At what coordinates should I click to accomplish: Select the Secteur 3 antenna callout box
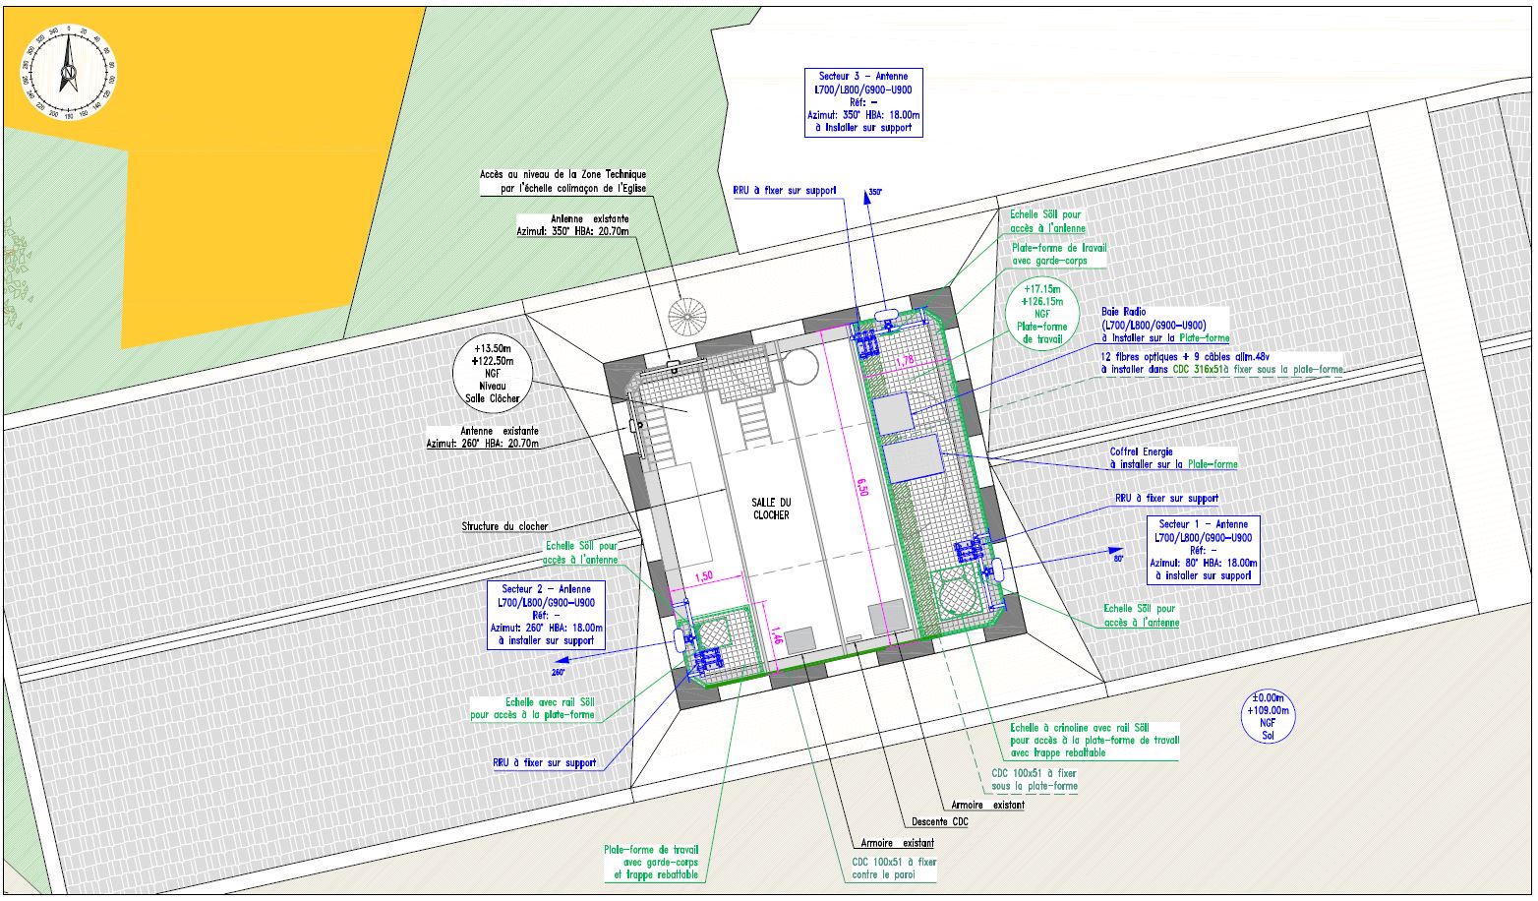862,101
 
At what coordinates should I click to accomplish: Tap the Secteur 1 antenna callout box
1203,550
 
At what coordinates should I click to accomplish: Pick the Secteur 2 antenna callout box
546,614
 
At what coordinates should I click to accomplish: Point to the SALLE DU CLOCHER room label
771,509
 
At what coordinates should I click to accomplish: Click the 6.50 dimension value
862,487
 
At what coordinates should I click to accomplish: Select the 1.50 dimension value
703,577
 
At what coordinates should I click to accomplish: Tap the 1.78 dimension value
906,360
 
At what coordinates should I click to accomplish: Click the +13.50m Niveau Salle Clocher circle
492,373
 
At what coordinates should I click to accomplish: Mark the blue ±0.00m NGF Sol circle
1267,715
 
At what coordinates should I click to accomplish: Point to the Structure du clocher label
505,526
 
